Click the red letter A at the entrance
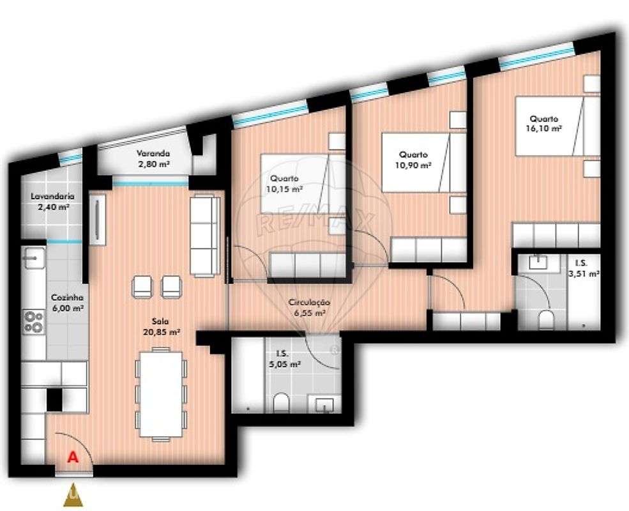(73, 457)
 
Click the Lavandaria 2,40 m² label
(50, 202)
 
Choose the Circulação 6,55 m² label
(308, 308)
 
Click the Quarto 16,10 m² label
(543, 123)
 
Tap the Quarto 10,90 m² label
(413, 159)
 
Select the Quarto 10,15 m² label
(284, 183)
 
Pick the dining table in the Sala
(161, 394)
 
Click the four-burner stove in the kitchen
(33, 321)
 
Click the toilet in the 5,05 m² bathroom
(280, 403)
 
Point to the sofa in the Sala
(204, 236)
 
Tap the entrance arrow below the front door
(73, 495)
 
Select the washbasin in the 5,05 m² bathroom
(324, 404)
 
